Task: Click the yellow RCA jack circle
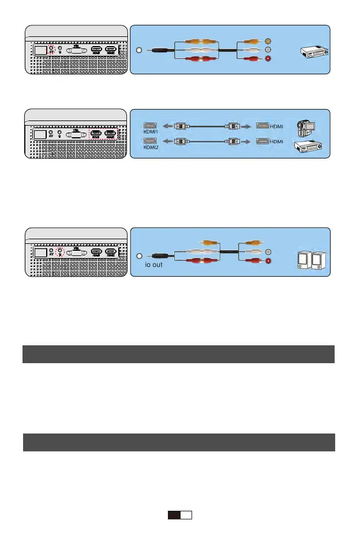point(268,41)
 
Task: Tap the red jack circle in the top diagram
point(268,59)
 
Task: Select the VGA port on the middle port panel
point(75,134)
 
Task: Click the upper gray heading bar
point(179,354)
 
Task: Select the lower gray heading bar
point(179,442)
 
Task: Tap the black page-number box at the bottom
point(174,515)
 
